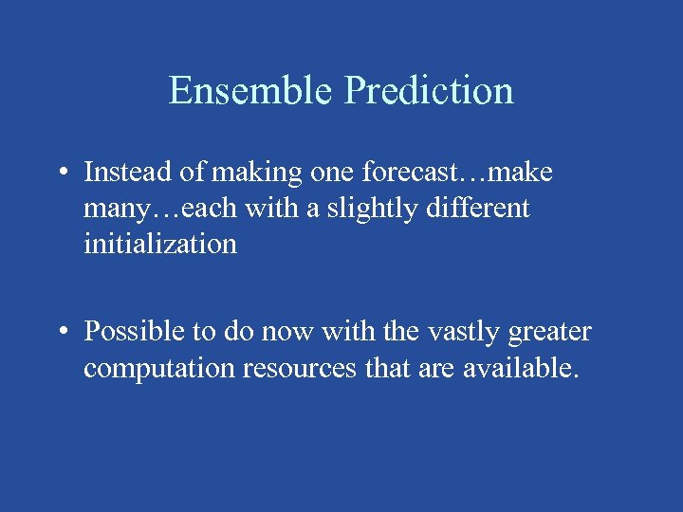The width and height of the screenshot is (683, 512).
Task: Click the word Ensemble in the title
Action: click(x=252, y=90)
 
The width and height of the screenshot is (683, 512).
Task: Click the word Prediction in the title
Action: click(x=430, y=90)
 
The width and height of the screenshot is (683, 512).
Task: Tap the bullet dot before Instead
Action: click(x=61, y=174)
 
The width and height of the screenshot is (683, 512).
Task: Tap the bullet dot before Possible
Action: click(x=61, y=333)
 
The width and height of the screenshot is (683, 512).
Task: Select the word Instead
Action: click(x=124, y=173)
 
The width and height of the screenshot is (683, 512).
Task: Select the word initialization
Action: click(x=159, y=244)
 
